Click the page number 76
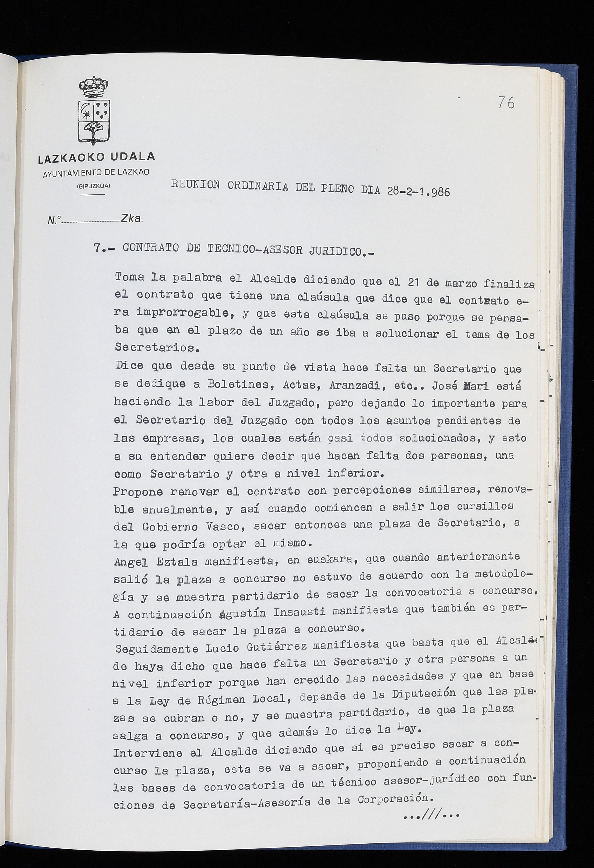[x=506, y=102]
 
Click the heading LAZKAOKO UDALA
[x=96, y=158]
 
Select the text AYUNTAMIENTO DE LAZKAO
[x=96, y=173]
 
